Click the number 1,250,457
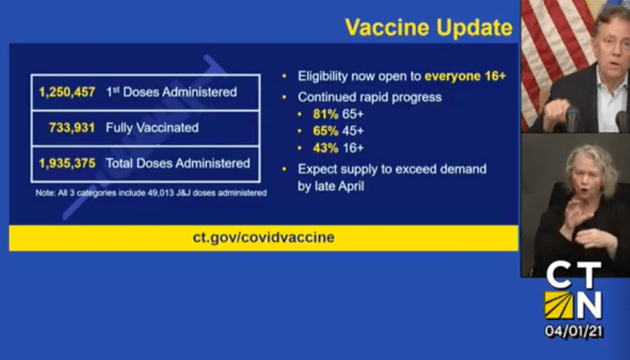67,92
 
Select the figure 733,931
72,128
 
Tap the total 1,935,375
67,163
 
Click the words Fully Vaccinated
152,128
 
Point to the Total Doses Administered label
178,163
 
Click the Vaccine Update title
429,28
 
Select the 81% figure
325,114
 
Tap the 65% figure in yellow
325,131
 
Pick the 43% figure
325,148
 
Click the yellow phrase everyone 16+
465,76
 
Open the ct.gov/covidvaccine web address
263,237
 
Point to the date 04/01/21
574,331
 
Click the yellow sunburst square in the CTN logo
558,305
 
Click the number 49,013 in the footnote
159,193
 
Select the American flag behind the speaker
555,52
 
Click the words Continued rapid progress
370,97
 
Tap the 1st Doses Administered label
172,92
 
